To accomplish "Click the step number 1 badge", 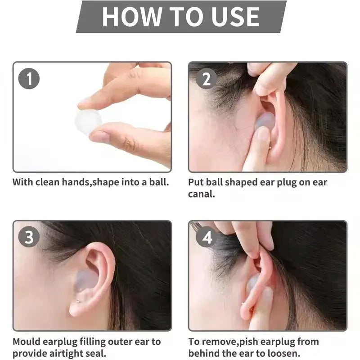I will (x=29, y=79).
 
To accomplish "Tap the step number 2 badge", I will (x=206, y=79).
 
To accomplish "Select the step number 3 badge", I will (x=29, y=237).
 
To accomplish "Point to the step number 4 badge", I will (x=206, y=237).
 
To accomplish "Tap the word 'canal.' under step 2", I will (x=202, y=194).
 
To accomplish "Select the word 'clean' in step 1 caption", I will (x=49, y=183).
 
